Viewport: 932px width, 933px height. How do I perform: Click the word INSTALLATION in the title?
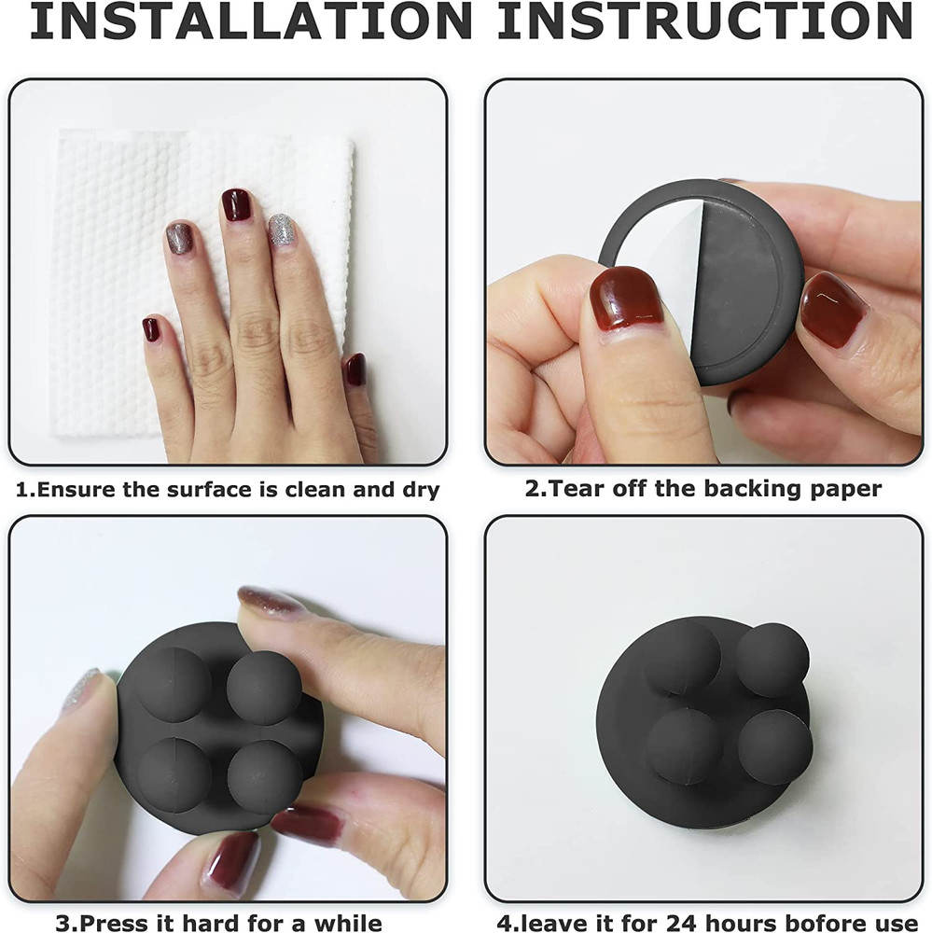click(x=251, y=21)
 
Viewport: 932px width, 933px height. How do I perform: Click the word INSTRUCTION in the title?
click(x=704, y=21)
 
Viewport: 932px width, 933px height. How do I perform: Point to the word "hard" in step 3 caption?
click(x=211, y=923)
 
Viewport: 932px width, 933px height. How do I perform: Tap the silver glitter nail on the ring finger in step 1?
click(x=282, y=230)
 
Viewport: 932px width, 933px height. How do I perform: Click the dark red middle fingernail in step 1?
click(x=236, y=204)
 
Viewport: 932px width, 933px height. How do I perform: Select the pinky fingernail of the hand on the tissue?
click(x=150, y=329)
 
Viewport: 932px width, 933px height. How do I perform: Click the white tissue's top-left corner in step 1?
click(x=60, y=130)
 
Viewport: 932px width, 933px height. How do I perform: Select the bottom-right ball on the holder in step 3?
click(x=265, y=776)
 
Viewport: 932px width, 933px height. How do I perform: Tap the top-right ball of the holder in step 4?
click(x=772, y=660)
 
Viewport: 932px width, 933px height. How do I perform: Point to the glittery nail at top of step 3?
click(x=271, y=600)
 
